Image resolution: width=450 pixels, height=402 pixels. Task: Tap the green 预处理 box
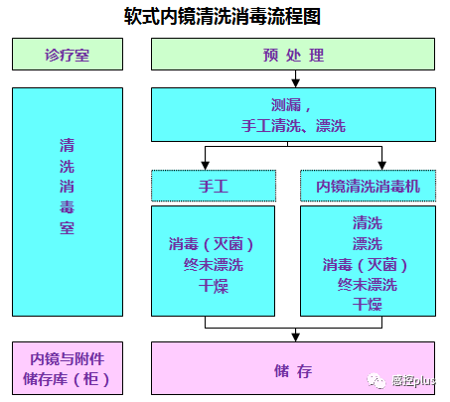(293, 56)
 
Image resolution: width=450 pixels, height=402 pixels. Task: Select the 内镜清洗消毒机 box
(368, 186)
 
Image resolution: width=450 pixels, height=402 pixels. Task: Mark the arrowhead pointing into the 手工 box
(206, 164)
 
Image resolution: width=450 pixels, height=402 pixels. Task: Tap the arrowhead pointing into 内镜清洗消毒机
(382, 164)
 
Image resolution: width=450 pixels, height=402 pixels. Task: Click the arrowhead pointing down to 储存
(293, 335)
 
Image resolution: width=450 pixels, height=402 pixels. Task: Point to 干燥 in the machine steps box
(368, 304)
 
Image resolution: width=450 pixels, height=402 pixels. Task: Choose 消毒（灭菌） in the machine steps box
(368, 264)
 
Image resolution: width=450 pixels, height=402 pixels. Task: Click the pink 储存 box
(293, 371)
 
